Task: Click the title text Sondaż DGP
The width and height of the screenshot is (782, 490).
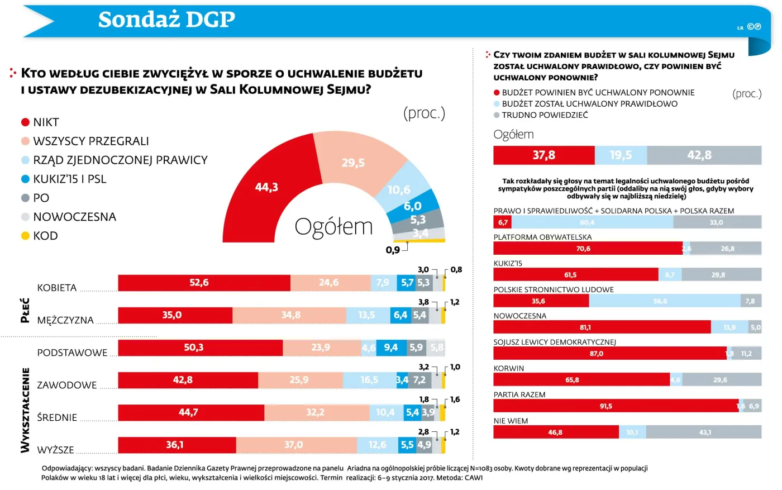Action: coord(166,20)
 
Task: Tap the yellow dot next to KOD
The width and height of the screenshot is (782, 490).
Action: coord(25,236)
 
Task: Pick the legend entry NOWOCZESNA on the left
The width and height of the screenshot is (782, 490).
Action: coord(74,217)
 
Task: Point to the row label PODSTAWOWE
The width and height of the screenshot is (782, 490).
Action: coord(72,353)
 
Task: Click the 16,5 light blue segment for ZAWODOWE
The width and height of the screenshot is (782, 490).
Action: coord(369,380)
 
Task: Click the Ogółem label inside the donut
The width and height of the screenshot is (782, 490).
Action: coord(333,227)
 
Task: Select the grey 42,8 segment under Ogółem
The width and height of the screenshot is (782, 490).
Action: coord(704,155)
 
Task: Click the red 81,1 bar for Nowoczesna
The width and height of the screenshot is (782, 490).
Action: coord(602,327)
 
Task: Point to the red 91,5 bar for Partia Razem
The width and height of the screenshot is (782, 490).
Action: coord(615,406)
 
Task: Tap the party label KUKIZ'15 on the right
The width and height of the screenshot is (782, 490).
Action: coord(508,263)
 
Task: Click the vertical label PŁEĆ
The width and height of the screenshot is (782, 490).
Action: coord(25,311)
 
